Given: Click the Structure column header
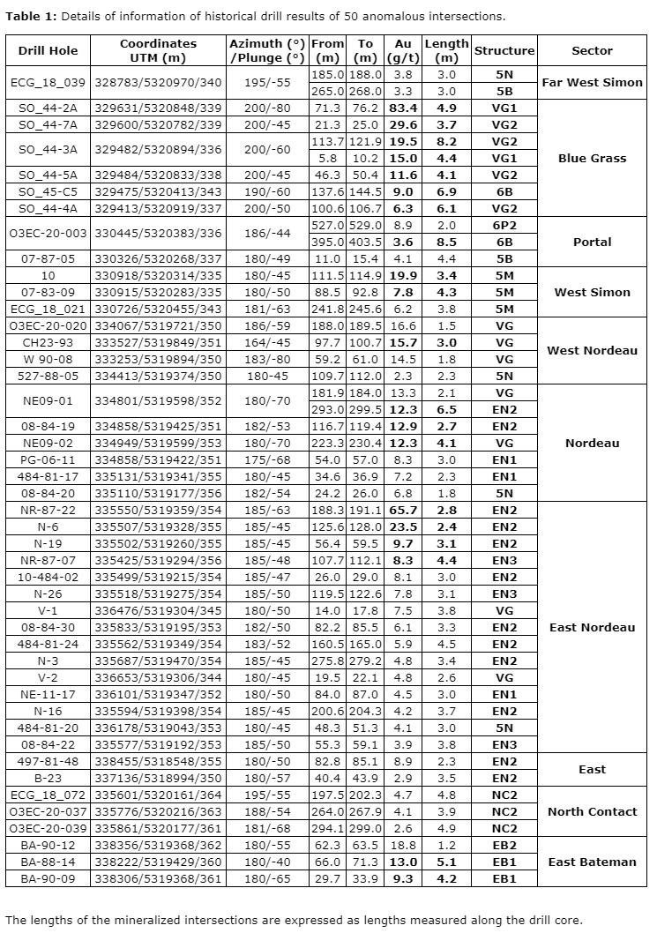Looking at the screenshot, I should [x=504, y=50].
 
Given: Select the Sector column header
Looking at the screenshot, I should [x=592, y=50].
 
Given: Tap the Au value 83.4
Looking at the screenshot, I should [x=402, y=108].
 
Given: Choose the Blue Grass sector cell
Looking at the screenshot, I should [x=592, y=158].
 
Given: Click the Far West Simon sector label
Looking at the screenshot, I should [x=592, y=83].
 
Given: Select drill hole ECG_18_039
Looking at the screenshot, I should [x=49, y=83].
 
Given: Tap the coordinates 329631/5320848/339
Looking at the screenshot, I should [x=159, y=108].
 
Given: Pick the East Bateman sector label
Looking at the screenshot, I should [x=592, y=862].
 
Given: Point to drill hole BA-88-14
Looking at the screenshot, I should [x=49, y=862].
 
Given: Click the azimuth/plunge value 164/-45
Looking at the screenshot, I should [x=266, y=342].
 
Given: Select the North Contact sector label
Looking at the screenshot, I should [x=592, y=811].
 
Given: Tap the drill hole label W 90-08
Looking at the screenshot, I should [x=49, y=359].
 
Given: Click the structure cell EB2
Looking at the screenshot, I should [x=504, y=845].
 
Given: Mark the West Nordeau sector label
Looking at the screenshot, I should [x=592, y=350].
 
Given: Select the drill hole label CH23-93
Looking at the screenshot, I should [x=49, y=342].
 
